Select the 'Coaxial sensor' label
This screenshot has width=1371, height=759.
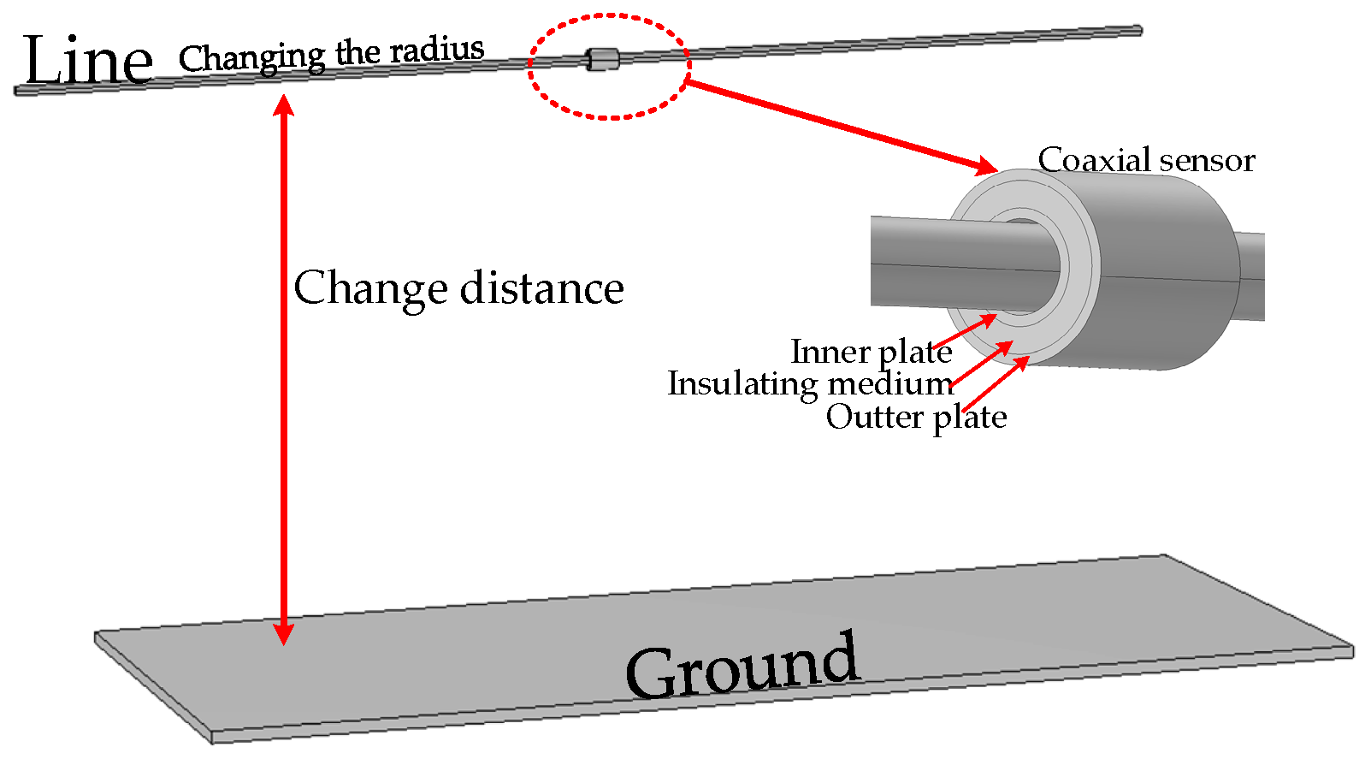1145,160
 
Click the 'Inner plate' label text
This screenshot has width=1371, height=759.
871,352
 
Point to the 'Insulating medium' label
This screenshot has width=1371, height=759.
810,383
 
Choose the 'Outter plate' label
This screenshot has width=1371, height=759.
916,417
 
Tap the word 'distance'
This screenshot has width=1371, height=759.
542,288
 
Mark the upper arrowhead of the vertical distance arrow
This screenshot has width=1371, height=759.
283,106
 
